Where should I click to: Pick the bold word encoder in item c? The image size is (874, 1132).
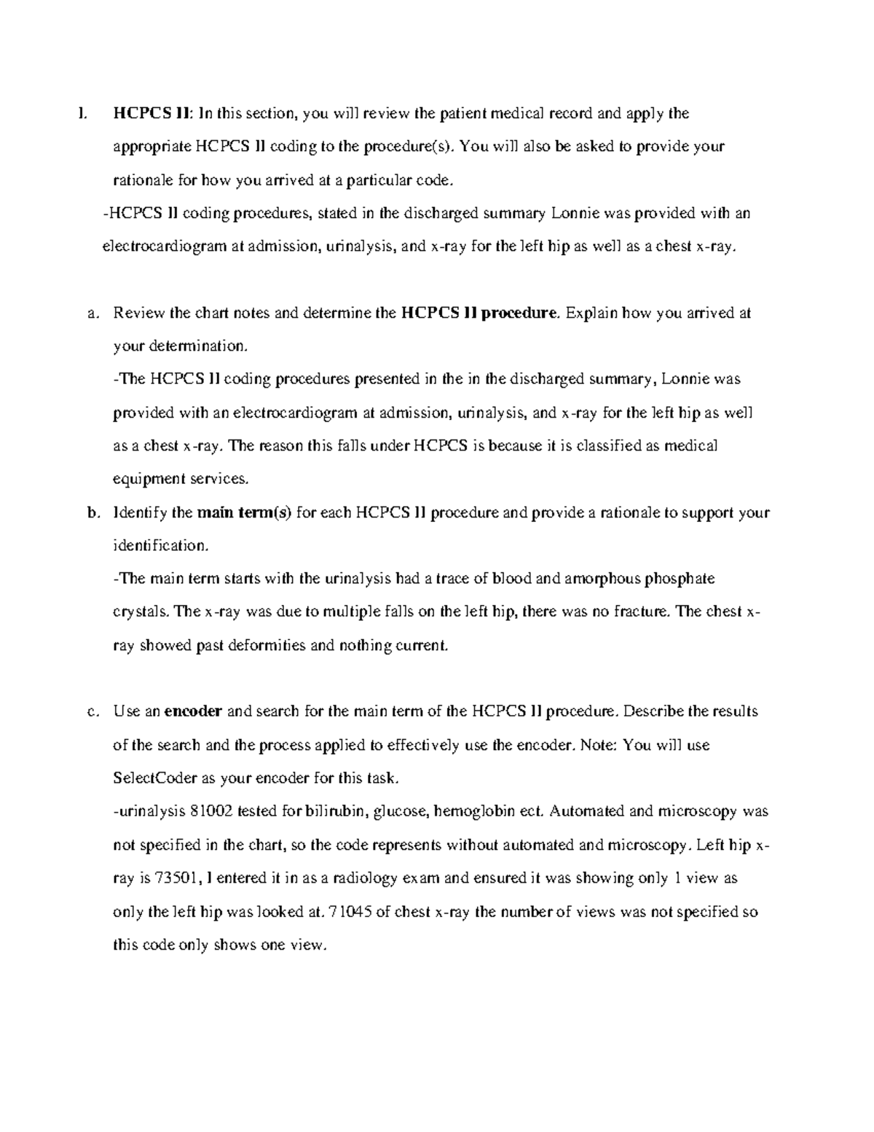[193, 711]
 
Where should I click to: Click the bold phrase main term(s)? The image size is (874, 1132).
[245, 512]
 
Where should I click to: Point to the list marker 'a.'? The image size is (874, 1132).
[92, 313]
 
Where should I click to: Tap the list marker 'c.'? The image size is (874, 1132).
[92, 711]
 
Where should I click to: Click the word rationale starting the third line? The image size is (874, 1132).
[143, 179]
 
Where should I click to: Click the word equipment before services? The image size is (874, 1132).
[149, 479]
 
